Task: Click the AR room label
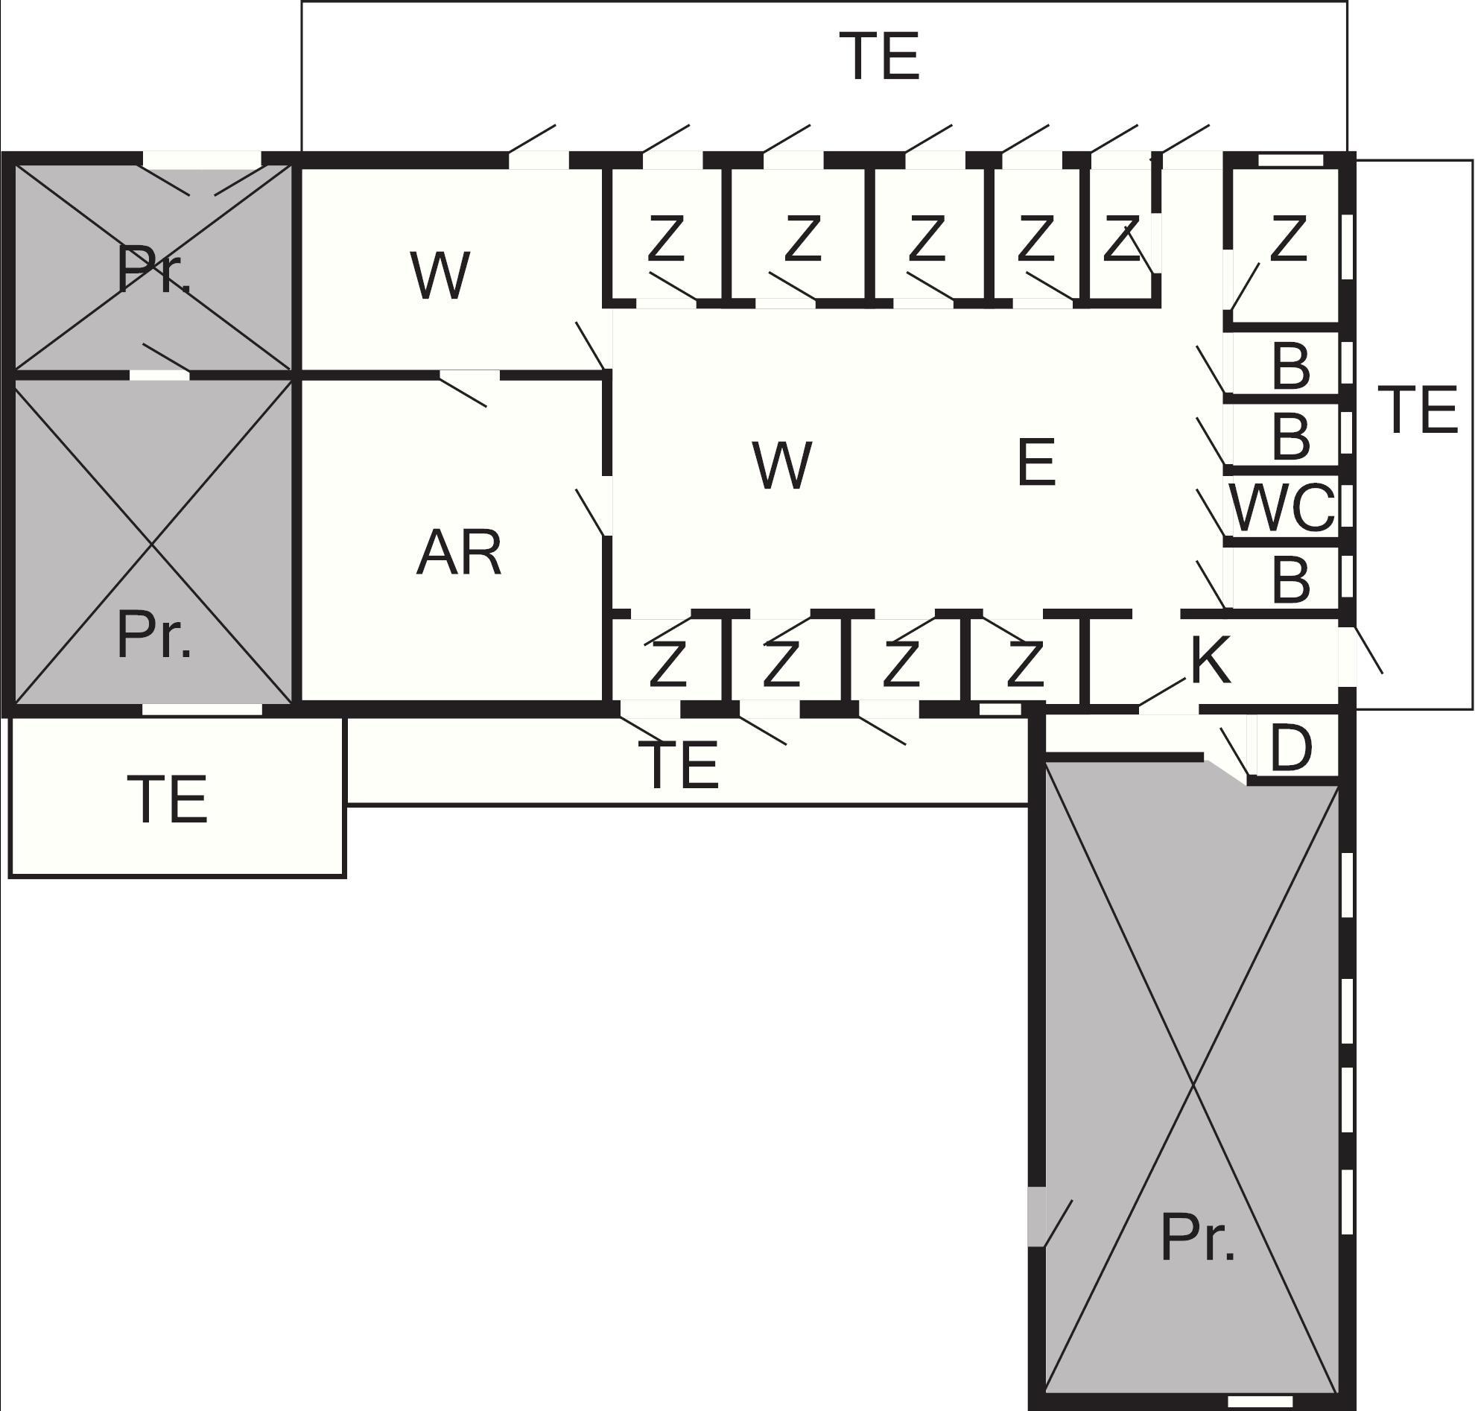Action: (x=458, y=553)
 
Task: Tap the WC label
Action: (x=1283, y=507)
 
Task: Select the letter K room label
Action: (x=1211, y=659)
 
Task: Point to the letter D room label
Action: (x=1291, y=749)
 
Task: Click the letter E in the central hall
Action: (x=1035, y=463)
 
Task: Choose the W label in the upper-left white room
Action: (x=440, y=275)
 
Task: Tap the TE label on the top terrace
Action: (x=879, y=56)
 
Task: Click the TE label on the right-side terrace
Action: (x=1418, y=410)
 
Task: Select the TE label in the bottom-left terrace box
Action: (x=167, y=799)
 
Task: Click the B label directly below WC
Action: (x=1291, y=580)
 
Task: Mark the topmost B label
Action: (x=1291, y=367)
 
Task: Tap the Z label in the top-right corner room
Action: (x=1288, y=238)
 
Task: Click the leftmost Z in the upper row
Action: (x=666, y=238)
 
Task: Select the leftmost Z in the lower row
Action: (x=667, y=664)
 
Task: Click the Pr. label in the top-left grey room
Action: (x=153, y=268)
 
